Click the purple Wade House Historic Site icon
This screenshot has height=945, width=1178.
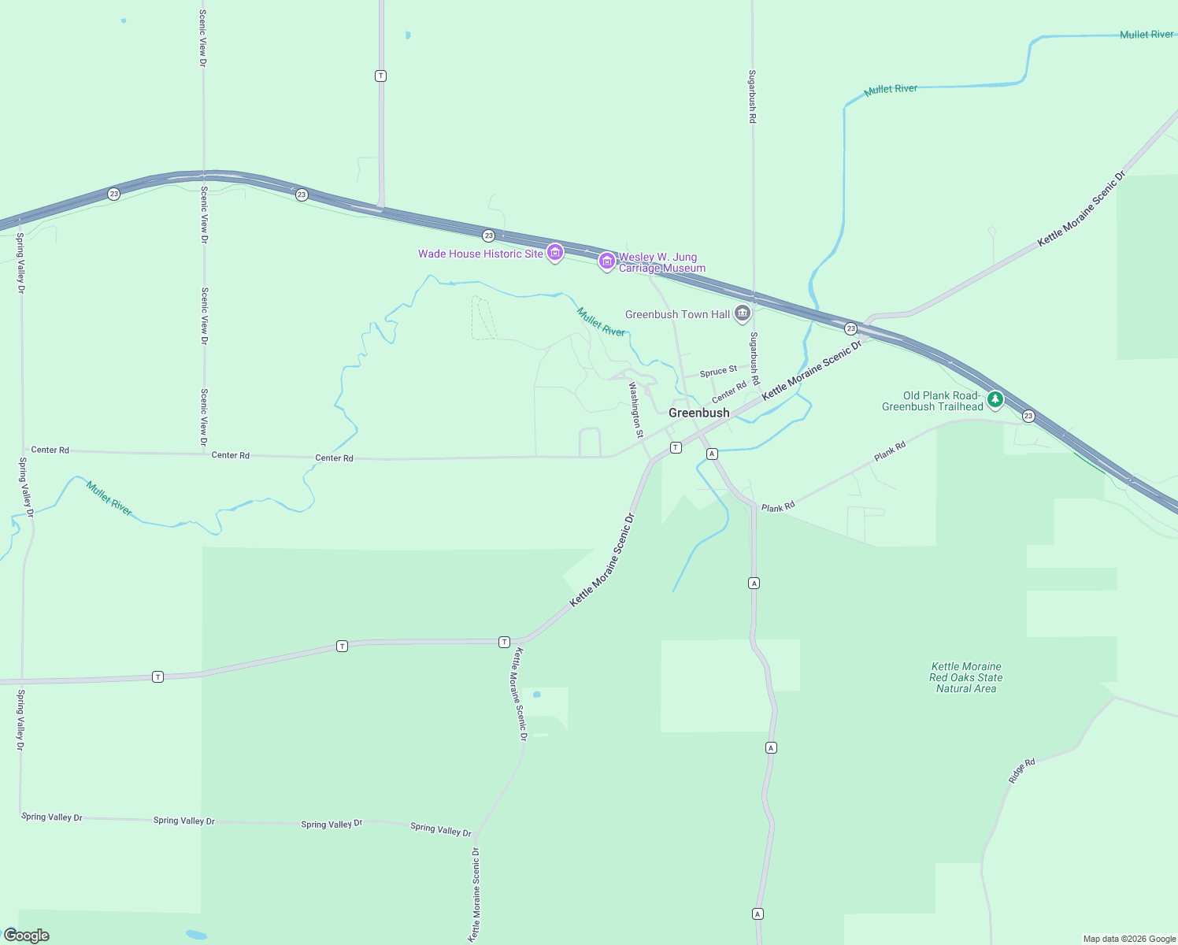click(555, 253)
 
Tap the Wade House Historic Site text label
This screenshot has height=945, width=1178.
click(480, 254)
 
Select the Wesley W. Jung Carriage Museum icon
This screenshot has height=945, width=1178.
click(606, 261)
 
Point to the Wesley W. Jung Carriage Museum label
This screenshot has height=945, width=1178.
click(661, 262)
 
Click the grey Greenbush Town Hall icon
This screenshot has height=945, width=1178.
click(742, 313)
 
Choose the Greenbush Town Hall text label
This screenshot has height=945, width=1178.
click(677, 314)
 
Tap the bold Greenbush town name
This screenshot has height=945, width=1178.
click(698, 413)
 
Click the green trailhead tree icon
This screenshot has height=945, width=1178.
click(995, 400)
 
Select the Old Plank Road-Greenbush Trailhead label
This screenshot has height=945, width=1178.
click(933, 401)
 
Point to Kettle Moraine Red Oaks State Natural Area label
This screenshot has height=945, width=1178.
click(966, 677)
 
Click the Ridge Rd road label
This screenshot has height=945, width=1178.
click(1021, 771)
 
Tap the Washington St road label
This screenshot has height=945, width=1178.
click(636, 409)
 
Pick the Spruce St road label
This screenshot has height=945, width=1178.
click(718, 371)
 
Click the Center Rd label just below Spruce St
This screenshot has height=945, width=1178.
click(729, 391)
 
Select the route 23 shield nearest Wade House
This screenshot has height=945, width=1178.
click(488, 235)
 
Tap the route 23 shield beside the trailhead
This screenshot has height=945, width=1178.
click(1028, 416)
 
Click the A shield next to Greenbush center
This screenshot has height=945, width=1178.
click(712, 454)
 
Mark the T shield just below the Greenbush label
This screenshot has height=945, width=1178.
click(676, 447)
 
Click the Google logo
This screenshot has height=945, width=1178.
click(27, 936)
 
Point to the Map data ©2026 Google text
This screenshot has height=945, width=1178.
click(1129, 939)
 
